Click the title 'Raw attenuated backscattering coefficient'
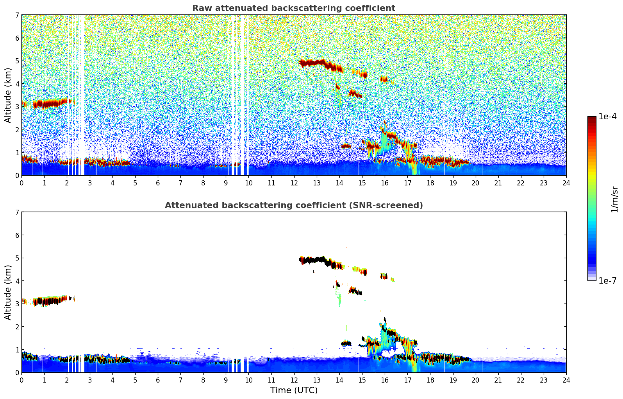[293, 8]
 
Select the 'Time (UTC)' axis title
[294, 390]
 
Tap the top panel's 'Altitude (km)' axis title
[8, 95]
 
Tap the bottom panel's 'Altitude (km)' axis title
[8, 292]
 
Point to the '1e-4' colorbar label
[607, 117]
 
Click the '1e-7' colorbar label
[607, 280]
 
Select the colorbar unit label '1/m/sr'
[614, 199]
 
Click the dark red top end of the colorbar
[592, 119]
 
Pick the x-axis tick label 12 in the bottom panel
[294, 380]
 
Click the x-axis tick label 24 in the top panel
[566, 183]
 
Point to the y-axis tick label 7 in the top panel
[17, 15]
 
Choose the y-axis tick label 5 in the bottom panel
[17, 258]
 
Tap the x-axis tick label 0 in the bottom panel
[21, 380]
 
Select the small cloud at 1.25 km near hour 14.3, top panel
[346, 146]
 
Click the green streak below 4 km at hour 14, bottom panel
[339, 299]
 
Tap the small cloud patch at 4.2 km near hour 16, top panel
[384, 79]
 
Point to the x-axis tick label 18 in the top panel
[430, 183]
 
